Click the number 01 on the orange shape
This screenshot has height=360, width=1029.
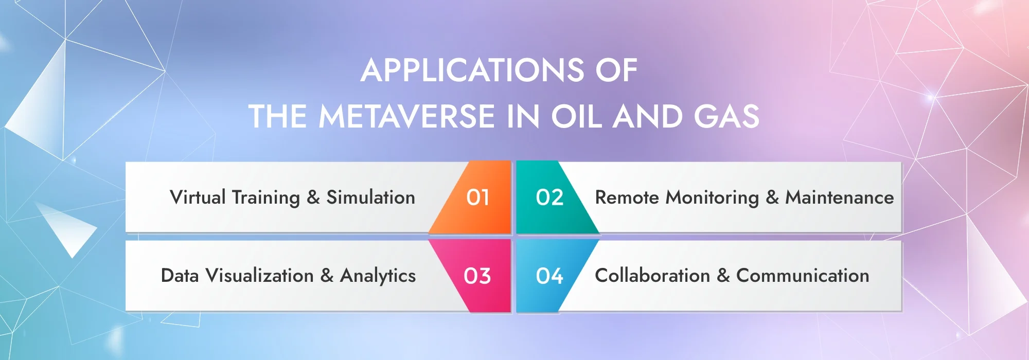point(477,197)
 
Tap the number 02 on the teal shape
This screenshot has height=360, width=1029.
point(549,197)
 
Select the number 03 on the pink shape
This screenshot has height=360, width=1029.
point(477,276)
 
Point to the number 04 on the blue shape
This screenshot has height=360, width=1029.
point(549,276)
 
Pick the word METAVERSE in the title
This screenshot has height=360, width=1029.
point(406,116)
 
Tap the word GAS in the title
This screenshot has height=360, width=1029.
point(726,116)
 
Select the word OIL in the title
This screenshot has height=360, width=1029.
point(576,116)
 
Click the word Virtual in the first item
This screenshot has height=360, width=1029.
point(198,197)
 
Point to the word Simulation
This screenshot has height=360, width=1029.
point(371,197)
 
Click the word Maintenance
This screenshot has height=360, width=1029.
point(840,197)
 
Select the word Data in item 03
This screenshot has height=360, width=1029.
point(180,276)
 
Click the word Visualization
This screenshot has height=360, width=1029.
point(260,276)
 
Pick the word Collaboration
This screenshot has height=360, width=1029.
point(652,276)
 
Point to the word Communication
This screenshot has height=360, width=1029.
point(803,276)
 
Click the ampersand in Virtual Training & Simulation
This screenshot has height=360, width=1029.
point(313,197)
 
